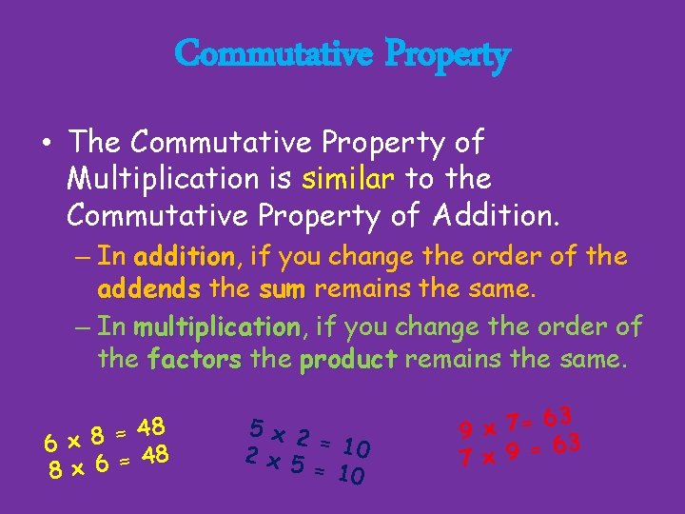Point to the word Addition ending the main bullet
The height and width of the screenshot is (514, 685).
pos(495,216)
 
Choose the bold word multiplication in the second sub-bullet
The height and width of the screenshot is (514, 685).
pos(216,327)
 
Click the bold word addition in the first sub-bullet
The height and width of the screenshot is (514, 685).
pos(185,256)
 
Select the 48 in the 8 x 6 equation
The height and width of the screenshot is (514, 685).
pos(155,455)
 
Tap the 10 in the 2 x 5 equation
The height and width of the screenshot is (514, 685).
pos(351,474)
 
